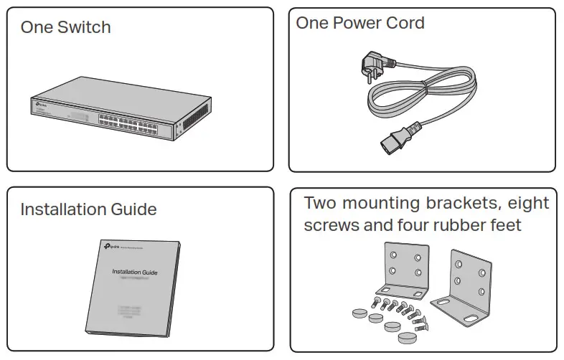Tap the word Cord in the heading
coord(403,23)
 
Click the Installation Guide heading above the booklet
coord(88,210)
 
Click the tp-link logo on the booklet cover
coord(111,247)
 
